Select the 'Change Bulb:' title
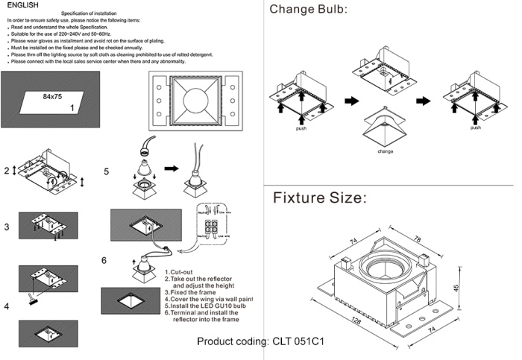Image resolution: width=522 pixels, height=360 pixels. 309,10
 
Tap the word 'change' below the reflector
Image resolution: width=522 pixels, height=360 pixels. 385,151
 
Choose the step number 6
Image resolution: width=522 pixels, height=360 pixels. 105,259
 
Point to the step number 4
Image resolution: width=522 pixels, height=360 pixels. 7,306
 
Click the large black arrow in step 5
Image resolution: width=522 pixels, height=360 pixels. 172,169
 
